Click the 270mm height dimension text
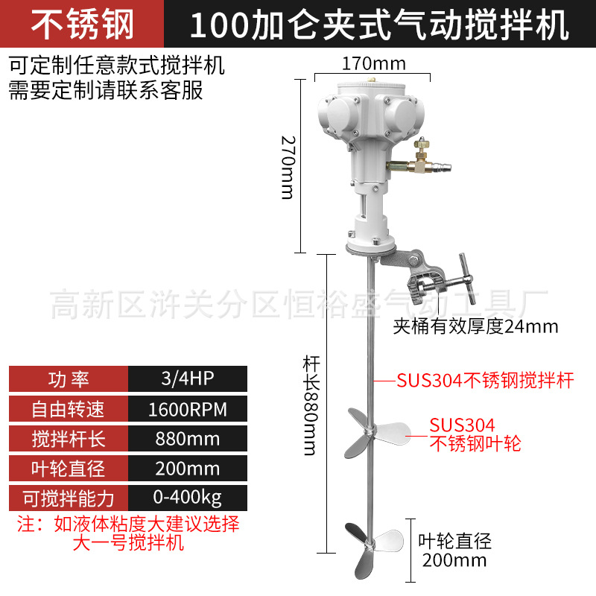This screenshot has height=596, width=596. (287, 166)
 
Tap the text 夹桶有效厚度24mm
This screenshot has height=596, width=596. (475, 326)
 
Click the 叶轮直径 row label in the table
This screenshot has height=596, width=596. (68, 468)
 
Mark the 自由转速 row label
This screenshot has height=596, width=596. (68, 409)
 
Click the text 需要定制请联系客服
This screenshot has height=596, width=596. (105, 91)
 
